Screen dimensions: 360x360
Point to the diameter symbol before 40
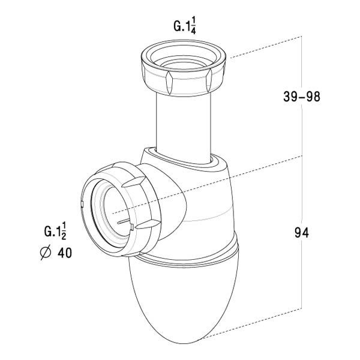pyautogui.click(x=44, y=253)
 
